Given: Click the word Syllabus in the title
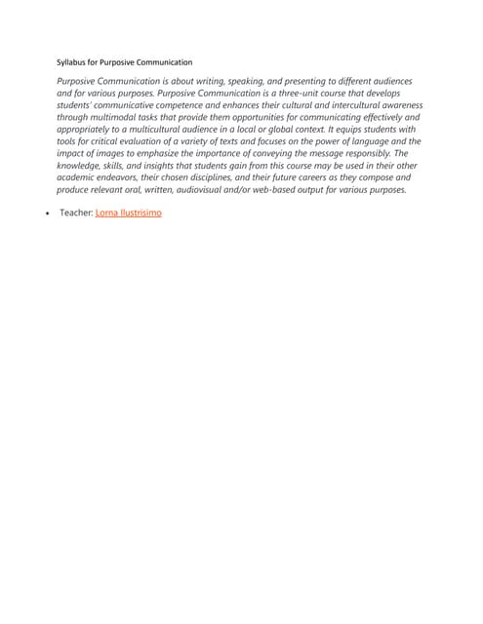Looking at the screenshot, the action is pos(71,61).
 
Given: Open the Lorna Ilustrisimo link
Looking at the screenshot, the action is pos(128,212).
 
